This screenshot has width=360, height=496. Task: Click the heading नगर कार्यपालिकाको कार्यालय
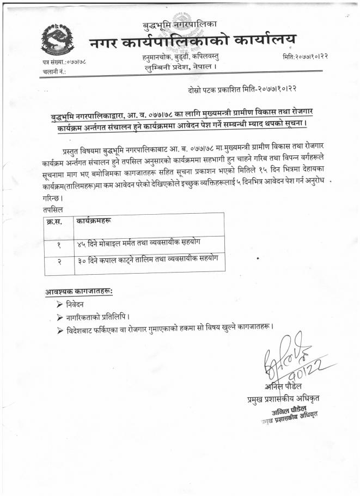(x=194, y=41)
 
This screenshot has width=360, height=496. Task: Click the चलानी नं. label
(x=54, y=71)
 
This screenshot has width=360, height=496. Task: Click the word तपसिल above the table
(x=52, y=209)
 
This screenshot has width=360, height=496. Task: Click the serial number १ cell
(x=58, y=245)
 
